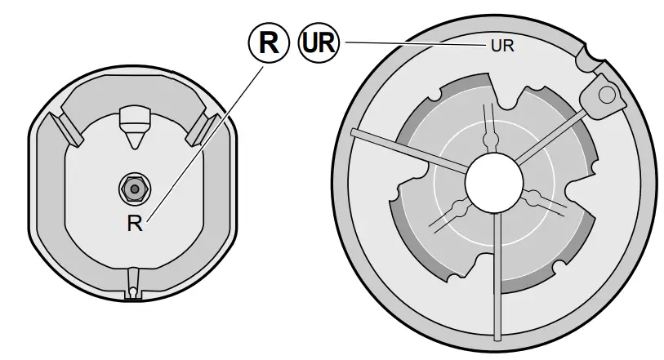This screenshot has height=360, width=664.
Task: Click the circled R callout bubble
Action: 269,42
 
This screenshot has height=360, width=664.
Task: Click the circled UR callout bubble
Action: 317,42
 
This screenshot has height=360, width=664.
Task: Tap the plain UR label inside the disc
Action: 501,47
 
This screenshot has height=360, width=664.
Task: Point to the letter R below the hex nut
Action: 135,224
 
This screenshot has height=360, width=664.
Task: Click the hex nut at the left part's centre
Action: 133,189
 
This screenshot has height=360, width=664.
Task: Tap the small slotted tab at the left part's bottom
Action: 133,285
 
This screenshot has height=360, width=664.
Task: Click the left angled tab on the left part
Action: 64,128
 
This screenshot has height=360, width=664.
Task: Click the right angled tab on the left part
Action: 201,128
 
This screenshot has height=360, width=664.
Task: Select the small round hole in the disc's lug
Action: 604,95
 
